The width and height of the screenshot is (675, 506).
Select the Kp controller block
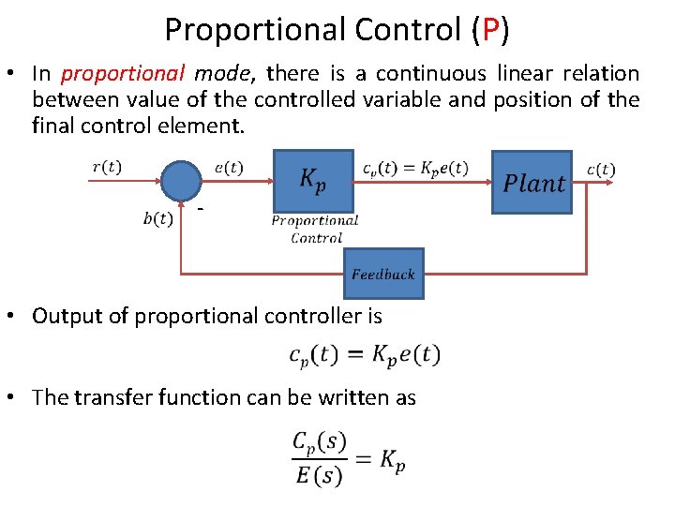pos(313,180)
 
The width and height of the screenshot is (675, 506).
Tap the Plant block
pos(532,183)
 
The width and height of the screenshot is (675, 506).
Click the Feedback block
pos(382,274)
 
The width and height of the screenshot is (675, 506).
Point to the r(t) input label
pos(106,167)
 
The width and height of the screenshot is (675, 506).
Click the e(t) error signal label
pos(228,167)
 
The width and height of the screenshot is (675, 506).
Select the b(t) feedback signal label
pos(157,218)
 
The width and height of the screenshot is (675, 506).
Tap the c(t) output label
pos(600,169)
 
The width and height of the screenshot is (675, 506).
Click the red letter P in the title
pos(488,30)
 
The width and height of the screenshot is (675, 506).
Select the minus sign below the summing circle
pos(200,208)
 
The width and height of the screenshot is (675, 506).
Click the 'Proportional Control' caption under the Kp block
pos(315,230)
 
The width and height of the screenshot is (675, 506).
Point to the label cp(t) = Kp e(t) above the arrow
pos(414,168)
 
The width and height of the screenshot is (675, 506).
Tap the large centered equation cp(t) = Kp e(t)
pos(364,355)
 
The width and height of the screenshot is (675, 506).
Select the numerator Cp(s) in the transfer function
pos(319,441)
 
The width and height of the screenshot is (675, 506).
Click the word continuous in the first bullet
pos(432,73)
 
